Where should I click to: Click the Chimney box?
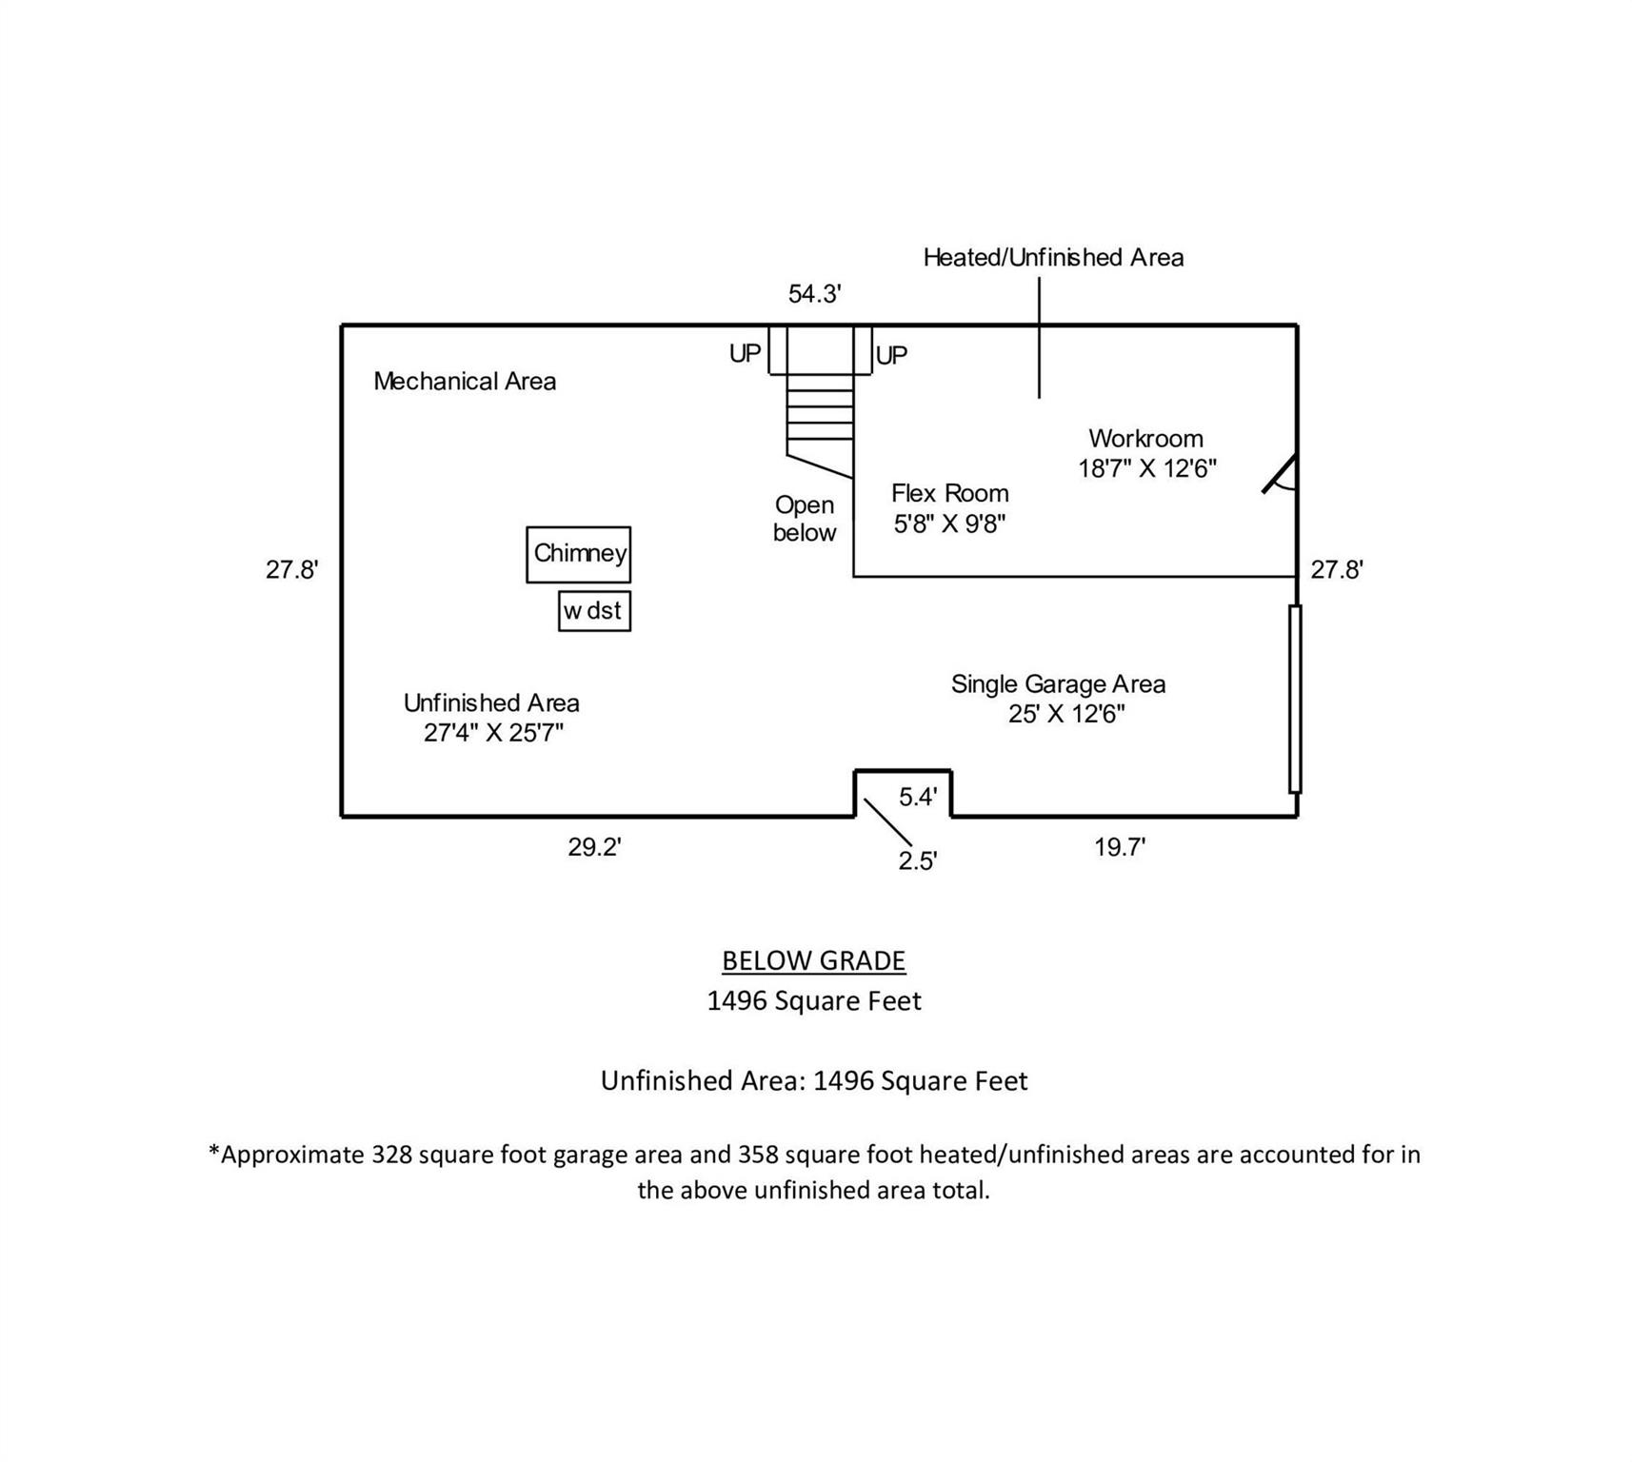coord(578,554)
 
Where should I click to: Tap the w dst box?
coord(594,611)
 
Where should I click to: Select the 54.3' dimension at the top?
coord(814,294)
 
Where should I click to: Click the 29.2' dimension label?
coord(594,847)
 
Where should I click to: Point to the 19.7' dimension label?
coord(1119,847)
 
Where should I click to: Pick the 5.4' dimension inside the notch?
coord(918,798)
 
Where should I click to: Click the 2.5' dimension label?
coord(918,860)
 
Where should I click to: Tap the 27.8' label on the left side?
coord(291,570)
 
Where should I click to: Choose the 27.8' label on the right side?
coord(1337,570)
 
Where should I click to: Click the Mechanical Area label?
coord(465,382)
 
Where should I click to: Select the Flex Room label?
coord(949,494)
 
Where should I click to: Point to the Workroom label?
coord(1145,439)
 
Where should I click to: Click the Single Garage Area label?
coord(1058,684)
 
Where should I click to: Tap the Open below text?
coord(805,519)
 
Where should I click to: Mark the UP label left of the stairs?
coord(745,354)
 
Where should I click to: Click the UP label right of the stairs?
coord(891,356)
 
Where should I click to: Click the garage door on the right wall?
coord(1295,699)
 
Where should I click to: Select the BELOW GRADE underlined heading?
coord(813,961)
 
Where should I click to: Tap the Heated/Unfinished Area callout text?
coord(1053,258)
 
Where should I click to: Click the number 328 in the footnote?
coord(391,1155)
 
